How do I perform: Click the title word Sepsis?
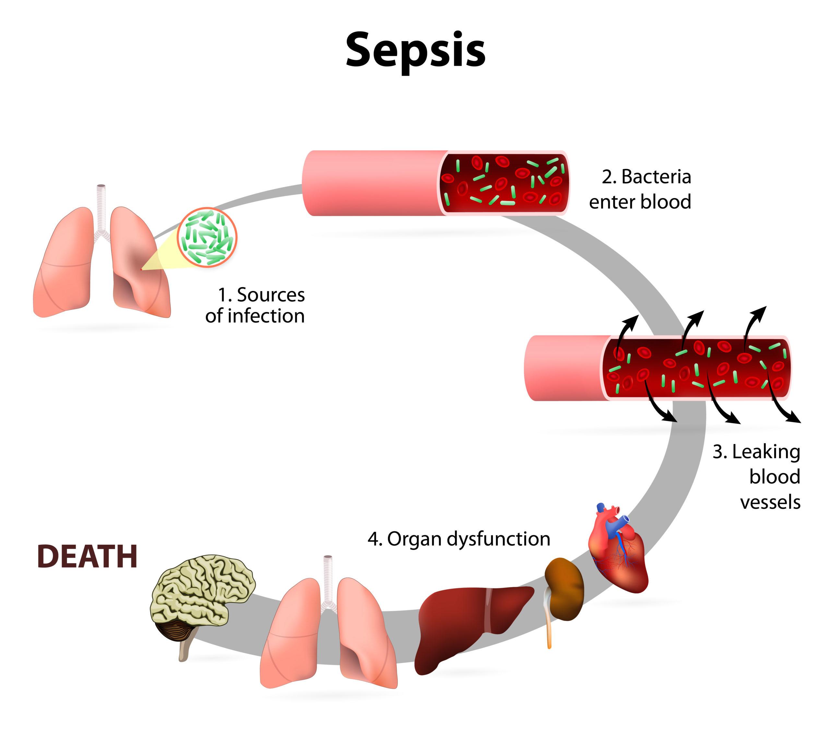(x=415, y=51)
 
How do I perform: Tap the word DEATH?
(x=87, y=556)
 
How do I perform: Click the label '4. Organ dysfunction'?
(x=459, y=539)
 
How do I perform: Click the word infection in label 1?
(x=266, y=317)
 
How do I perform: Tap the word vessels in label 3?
(x=770, y=502)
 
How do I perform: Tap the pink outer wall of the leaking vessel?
(x=564, y=368)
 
